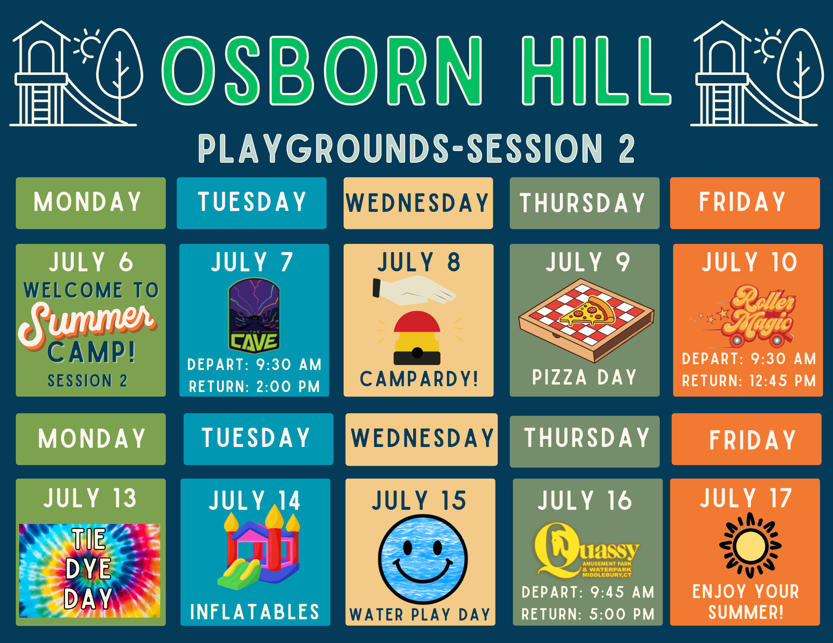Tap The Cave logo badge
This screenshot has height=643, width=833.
pyautogui.click(x=254, y=315)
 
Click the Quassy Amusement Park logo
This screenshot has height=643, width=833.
pyautogui.click(x=587, y=551)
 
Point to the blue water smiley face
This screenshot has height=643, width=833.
pyautogui.click(x=423, y=559)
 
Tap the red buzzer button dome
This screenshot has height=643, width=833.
pyautogui.click(x=417, y=322)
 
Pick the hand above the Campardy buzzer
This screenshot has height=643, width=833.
pyautogui.click(x=414, y=290)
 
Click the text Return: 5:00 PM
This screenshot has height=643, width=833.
pyautogui.click(x=588, y=614)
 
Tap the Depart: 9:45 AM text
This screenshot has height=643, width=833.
pyautogui.click(x=588, y=592)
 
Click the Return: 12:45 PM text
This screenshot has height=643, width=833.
pyautogui.click(x=748, y=381)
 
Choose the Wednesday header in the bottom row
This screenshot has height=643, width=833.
pyautogui.click(x=422, y=438)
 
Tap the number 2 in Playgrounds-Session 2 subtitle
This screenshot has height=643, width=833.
pyautogui.click(x=626, y=148)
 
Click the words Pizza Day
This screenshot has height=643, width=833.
pyautogui.click(x=584, y=377)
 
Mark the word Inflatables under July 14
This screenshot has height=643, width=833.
pyautogui.click(x=254, y=612)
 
